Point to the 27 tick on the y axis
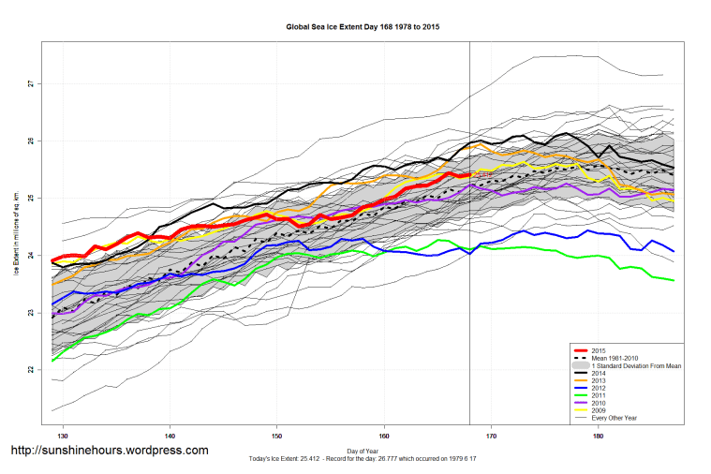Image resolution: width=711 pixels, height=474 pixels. (32, 84)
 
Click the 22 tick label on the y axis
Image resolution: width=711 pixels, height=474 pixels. (32, 369)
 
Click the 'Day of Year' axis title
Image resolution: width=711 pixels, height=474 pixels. (362, 451)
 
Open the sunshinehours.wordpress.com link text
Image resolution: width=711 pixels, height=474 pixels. (109, 451)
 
